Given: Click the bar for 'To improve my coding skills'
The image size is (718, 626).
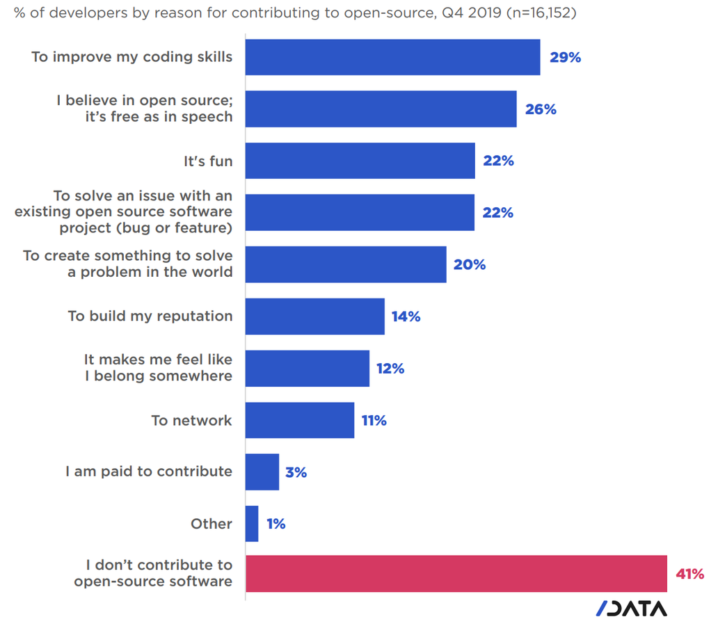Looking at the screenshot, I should [392, 57].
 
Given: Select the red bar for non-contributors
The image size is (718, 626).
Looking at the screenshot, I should [456, 574].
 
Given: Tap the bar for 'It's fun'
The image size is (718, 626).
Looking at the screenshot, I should [360, 161].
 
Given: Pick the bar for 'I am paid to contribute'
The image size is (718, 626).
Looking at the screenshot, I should [262, 472].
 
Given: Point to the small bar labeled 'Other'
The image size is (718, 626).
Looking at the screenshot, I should [252, 524].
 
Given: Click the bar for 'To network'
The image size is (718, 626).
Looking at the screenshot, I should [300, 420].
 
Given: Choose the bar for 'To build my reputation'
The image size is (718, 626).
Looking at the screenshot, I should [314, 316].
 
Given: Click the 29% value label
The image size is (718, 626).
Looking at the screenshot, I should [565, 58].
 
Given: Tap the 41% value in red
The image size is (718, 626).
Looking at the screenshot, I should [689, 575].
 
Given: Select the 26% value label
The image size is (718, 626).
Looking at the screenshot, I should [541, 109].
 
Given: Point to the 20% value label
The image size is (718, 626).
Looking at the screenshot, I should [470, 265].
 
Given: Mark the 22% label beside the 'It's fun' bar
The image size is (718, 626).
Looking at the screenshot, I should [498, 161].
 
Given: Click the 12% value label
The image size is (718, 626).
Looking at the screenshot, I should [390, 369].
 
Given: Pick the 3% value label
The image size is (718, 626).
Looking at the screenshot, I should [296, 473].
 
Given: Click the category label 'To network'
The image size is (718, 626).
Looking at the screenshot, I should [191, 420].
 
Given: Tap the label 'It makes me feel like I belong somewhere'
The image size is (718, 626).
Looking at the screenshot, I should [158, 368].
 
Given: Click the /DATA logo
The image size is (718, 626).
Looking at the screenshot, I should [631, 608].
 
